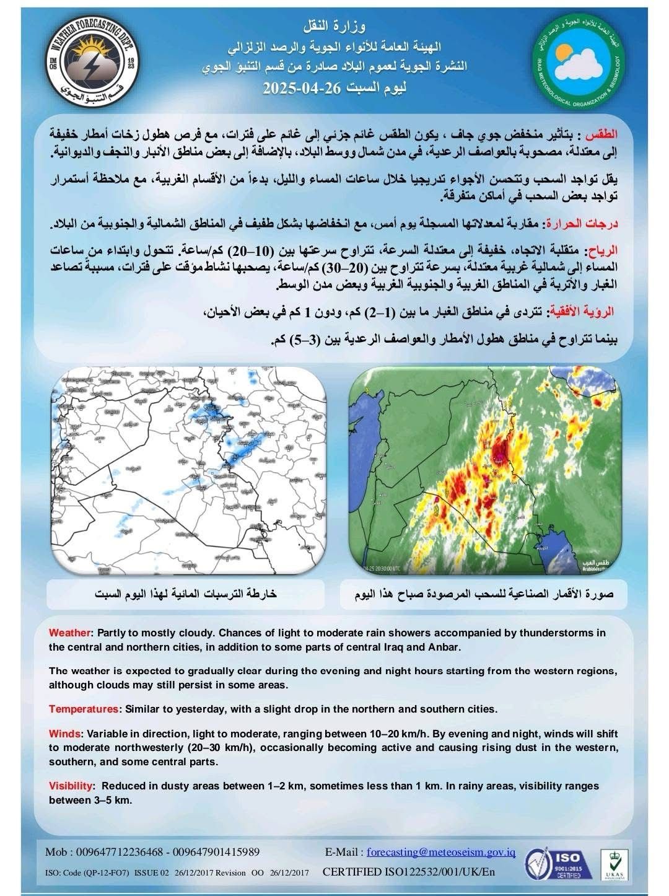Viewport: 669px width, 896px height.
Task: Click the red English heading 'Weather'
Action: coord(70,633)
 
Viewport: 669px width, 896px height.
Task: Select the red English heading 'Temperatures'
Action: coord(83,709)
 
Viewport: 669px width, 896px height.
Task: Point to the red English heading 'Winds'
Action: coord(63,734)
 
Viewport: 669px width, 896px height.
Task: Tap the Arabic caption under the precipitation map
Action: coord(186,594)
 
